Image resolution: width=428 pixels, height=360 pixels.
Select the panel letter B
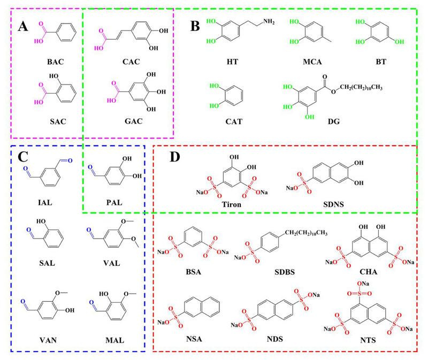(x=194, y=26)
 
